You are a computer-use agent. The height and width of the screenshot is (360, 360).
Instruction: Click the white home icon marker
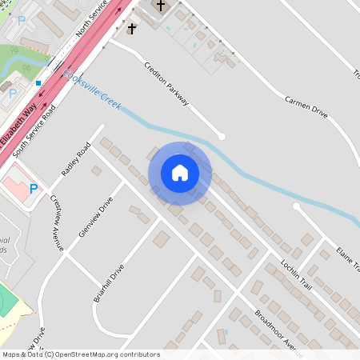click(179, 173)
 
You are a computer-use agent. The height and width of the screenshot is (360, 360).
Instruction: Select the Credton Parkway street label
click(167, 83)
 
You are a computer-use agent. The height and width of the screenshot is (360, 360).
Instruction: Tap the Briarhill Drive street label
click(110, 282)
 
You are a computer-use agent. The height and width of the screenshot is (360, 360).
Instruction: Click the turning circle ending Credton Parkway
click(222, 137)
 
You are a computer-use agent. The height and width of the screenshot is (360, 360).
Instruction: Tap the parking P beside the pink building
click(33, 189)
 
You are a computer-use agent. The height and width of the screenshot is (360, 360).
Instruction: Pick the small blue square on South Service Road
click(38, 82)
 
